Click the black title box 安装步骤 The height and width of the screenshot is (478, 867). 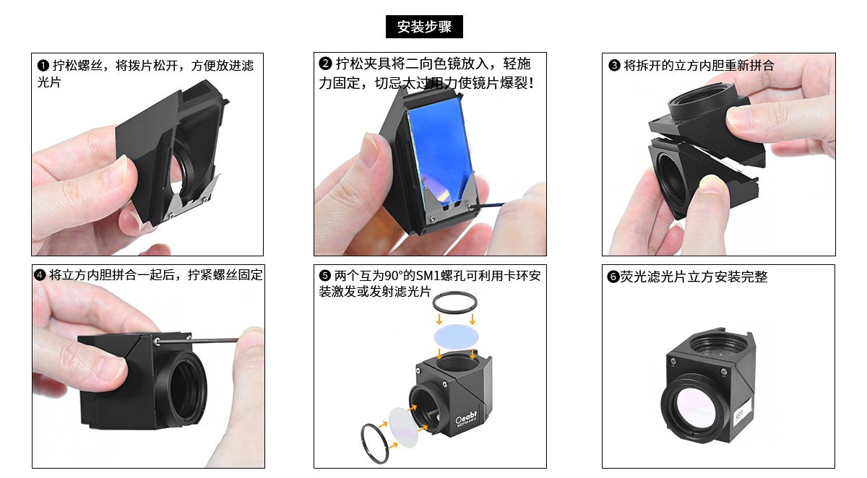tap(424, 27)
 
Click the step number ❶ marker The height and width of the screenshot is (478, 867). tap(43, 66)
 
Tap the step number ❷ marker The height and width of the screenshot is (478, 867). tap(325, 64)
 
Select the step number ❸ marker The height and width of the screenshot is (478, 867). tap(614, 66)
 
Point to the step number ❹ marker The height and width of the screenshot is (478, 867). tap(40, 275)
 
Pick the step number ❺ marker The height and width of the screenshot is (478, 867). tap(324, 275)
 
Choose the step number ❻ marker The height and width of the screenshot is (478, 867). tap(613, 277)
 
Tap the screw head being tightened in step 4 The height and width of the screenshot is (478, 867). tap(157, 341)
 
